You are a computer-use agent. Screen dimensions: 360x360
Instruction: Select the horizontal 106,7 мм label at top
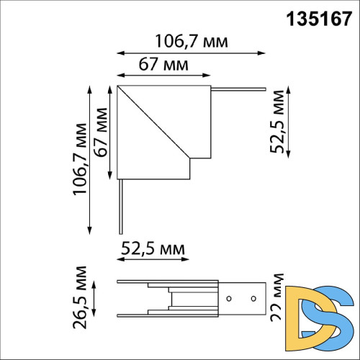click(x=192, y=41)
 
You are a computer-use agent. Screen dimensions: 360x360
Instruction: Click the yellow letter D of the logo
click(x=302, y=315)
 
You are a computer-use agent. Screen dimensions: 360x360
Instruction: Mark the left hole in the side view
click(x=229, y=298)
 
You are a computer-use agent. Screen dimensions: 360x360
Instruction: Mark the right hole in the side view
click(x=253, y=298)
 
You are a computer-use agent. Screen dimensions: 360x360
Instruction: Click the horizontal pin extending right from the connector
click(x=237, y=89)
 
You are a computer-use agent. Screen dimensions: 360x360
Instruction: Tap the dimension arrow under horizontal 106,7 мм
click(x=191, y=53)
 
